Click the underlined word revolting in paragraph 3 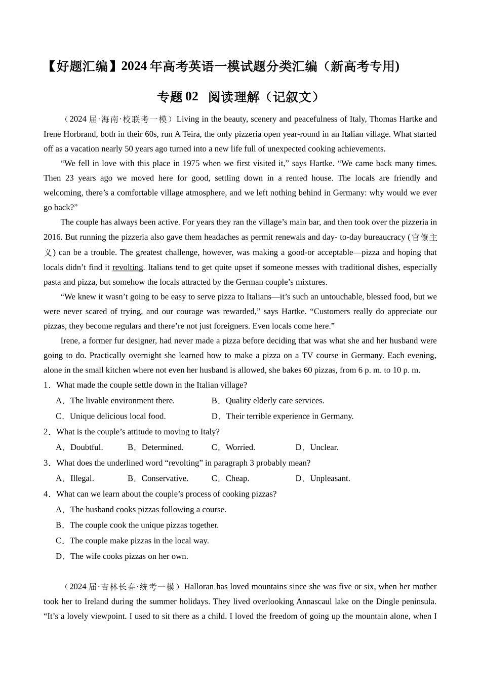(128, 267)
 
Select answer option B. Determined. (155, 447)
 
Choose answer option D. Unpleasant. (323, 478)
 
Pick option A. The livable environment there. (115, 400)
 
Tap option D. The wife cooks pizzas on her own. (122, 556)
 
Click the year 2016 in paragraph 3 (52, 237)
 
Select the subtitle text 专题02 (178, 96)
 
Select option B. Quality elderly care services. (268, 400)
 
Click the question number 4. (47, 494)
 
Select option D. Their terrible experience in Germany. (283, 416)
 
